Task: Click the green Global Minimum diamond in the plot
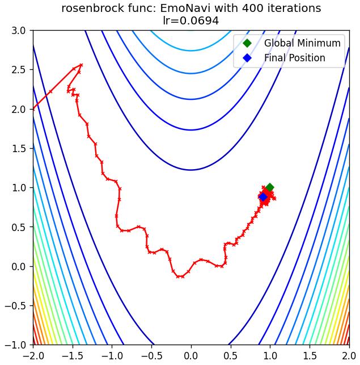(270, 187)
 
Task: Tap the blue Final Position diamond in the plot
(263, 197)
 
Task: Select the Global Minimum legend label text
(302, 43)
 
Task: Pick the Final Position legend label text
(294, 58)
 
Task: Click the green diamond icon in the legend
(247, 43)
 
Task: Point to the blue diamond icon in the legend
(247, 58)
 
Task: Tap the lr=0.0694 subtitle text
(191, 20)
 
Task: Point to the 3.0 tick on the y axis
(19, 31)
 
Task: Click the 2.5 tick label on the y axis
(19, 70)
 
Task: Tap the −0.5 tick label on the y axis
(15, 305)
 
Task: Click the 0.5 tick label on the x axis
(231, 356)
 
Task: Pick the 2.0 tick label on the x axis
(349, 356)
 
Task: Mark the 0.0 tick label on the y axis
(19, 266)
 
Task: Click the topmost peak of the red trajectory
(81, 65)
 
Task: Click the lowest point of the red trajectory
(179, 276)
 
